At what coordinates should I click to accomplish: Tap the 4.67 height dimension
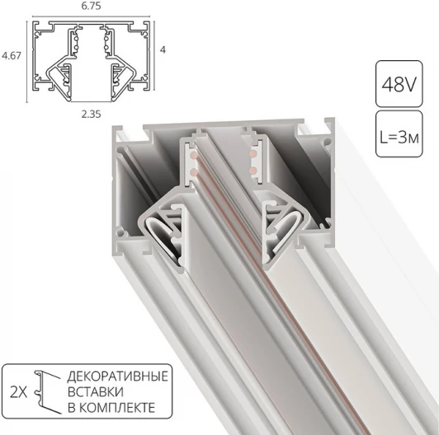[11, 56]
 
